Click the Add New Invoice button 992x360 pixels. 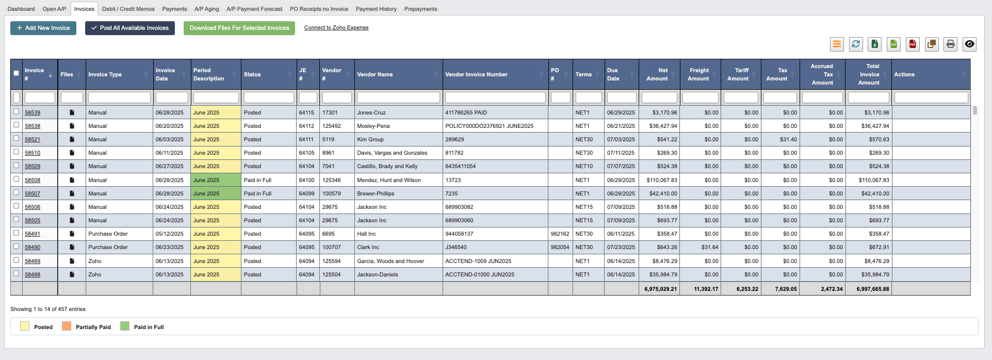coord(43,28)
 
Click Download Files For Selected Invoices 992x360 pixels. coord(239,28)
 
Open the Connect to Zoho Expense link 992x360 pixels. coord(336,28)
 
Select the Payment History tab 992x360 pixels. coord(376,9)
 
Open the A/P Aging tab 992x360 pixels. coord(206,9)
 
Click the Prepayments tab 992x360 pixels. coord(420,9)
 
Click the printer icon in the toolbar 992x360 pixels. coord(950,44)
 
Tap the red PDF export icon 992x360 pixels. coord(913,44)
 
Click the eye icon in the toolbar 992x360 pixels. coord(969,44)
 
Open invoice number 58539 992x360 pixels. coord(32,112)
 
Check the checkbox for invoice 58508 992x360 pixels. coord(16,179)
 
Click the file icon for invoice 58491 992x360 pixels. coord(72,234)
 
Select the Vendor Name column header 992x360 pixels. coord(375,74)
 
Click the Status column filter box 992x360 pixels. coord(269,97)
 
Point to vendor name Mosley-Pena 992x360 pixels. coord(373,126)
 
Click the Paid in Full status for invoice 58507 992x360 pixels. coord(257,193)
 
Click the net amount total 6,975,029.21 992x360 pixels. coord(660,289)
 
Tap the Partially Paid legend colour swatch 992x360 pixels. coord(67,326)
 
